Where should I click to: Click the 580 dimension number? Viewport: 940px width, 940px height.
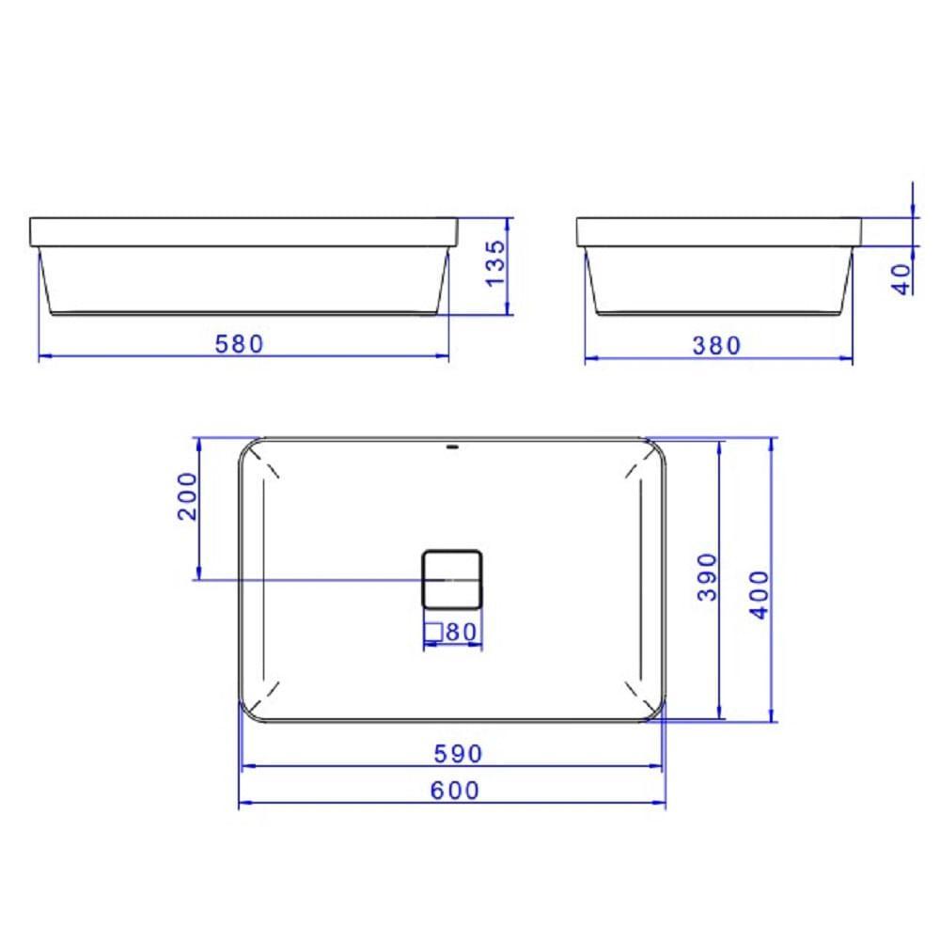point(240,344)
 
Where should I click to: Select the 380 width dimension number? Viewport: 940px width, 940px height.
point(717,346)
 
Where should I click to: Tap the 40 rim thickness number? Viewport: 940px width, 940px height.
point(902,279)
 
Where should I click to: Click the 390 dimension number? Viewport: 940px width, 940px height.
point(708,576)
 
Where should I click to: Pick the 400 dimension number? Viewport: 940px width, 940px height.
point(760,592)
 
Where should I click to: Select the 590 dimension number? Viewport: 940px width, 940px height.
point(457,754)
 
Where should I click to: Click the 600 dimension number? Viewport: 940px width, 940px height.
point(455,791)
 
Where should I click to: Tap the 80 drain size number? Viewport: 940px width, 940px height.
point(461,633)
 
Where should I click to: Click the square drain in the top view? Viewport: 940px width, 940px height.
point(450,577)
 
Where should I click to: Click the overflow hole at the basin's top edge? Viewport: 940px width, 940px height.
point(452,446)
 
